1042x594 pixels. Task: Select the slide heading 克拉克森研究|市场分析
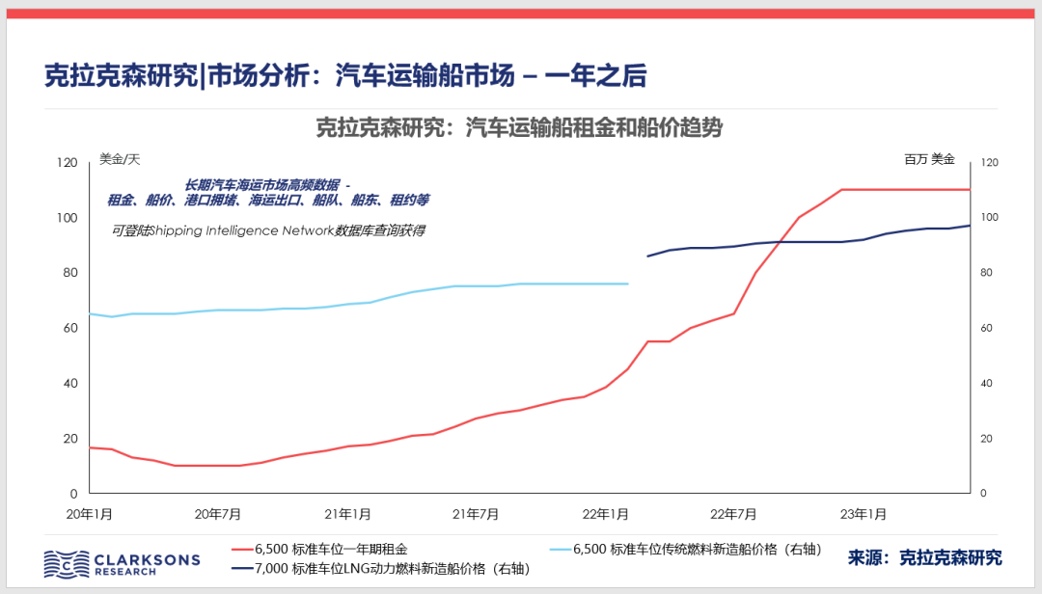(345, 76)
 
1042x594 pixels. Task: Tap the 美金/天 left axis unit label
(120, 159)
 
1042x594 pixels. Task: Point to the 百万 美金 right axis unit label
(929, 159)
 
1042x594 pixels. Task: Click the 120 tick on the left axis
(66, 163)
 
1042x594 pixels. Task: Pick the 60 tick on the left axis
(69, 329)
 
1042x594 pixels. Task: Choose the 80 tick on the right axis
(986, 273)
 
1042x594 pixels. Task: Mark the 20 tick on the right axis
(986, 439)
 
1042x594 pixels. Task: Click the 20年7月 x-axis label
(218, 513)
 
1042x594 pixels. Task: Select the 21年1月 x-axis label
(347, 513)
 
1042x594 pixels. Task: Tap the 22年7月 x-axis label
(734, 513)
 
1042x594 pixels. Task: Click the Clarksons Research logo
(122, 563)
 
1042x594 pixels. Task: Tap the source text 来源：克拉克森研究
(924, 557)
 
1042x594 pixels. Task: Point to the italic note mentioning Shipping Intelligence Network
(268, 230)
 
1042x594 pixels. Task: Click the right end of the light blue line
(627, 283)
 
